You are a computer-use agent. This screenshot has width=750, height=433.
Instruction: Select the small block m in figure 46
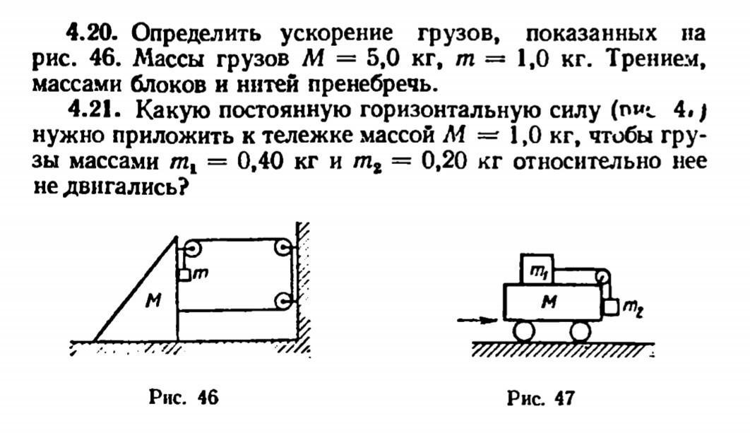tap(185, 275)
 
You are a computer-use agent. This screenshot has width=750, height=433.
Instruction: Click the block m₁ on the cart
tap(537, 269)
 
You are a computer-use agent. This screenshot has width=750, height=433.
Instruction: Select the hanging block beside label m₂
tap(610, 307)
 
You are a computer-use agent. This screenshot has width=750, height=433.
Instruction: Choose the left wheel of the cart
tap(524, 330)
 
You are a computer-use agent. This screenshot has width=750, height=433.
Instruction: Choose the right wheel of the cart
tap(580, 330)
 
